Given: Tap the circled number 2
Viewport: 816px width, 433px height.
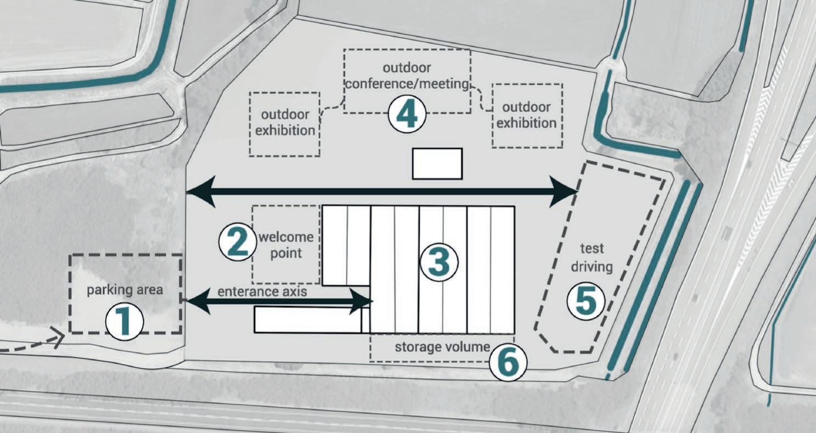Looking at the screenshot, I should [237, 243].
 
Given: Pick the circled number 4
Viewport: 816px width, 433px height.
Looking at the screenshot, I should [407, 116].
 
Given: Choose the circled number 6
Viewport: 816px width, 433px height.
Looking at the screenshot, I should [508, 363].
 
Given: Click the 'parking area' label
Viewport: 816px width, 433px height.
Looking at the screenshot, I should [125, 289].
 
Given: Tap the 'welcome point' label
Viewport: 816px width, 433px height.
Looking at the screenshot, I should [286, 245].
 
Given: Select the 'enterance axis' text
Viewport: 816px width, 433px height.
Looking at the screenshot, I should [262, 291].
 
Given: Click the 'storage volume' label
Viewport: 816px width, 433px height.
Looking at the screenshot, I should [442, 347].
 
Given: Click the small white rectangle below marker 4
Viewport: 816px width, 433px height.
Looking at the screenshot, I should [437, 164].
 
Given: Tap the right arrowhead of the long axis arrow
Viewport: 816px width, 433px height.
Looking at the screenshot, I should [566, 192].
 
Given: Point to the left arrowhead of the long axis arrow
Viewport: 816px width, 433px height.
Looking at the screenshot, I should [199, 192].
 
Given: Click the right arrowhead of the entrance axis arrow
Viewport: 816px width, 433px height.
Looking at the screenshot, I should [363, 301].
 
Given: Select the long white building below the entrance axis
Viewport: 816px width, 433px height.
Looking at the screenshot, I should [308, 320].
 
